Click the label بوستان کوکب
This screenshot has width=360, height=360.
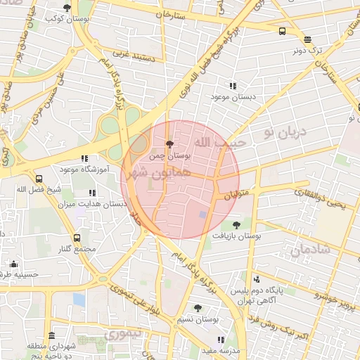click(x=67, y=19)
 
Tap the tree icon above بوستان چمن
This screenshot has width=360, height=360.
click(x=169, y=143)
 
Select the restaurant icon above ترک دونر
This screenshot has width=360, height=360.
click(x=307, y=40)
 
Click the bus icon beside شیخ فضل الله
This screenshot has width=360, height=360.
click(x=39, y=179)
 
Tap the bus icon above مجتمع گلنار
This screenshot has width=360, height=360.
click(x=77, y=238)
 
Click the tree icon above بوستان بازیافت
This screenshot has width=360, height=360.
click(x=236, y=226)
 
